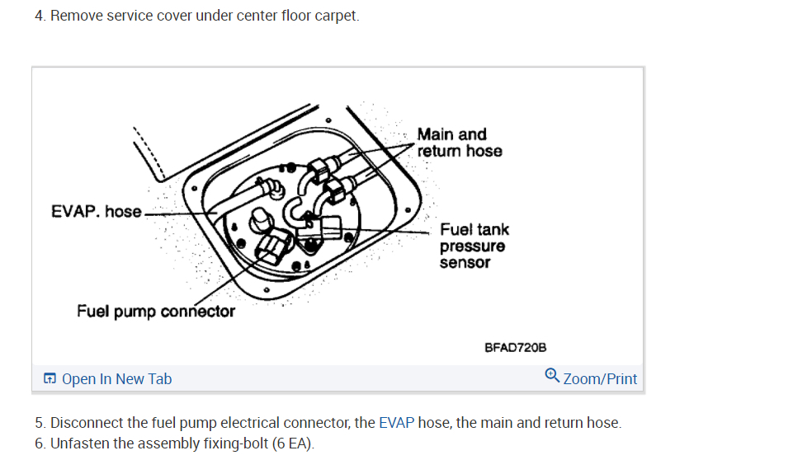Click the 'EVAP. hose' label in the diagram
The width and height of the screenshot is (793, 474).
tap(96, 212)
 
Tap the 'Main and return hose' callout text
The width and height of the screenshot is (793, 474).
tap(459, 143)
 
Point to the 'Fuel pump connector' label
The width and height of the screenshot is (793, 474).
tap(156, 312)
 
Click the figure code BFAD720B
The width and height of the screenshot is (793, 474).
tap(516, 349)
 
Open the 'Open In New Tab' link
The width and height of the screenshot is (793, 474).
tap(116, 379)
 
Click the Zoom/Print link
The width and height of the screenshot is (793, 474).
tap(600, 379)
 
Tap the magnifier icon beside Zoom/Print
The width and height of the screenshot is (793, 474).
tap(553, 376)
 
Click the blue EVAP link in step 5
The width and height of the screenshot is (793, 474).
tap(396, 423)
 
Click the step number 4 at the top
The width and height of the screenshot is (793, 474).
tap(39, 16)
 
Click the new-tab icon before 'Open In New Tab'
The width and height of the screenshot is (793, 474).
tap(50, 379)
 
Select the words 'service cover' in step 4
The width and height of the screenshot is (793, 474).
tap(150, 16)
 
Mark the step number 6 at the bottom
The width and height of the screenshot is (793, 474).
tap(39, 443)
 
